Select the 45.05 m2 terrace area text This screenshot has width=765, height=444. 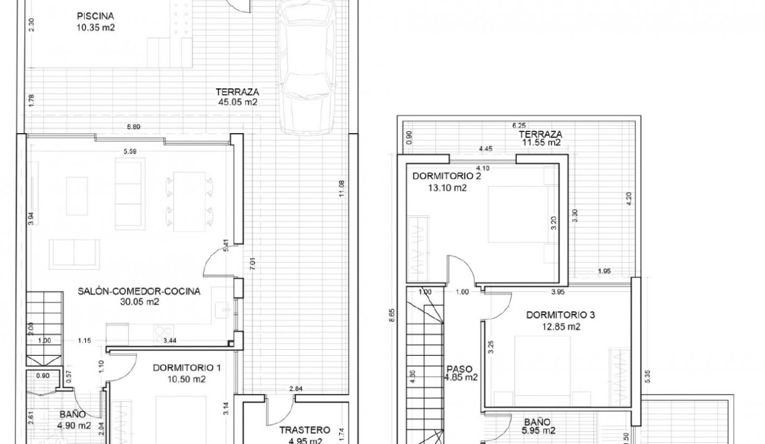[x=238, y=103]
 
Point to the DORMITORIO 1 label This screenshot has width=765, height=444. [x=187, y=368]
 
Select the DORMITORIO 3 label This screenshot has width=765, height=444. [x=561, y=315]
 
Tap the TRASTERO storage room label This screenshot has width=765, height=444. [x=304, y=430]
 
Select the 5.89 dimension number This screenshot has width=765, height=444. [x=134, y=127]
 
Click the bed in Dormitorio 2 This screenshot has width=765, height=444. [x=516, y=216]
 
